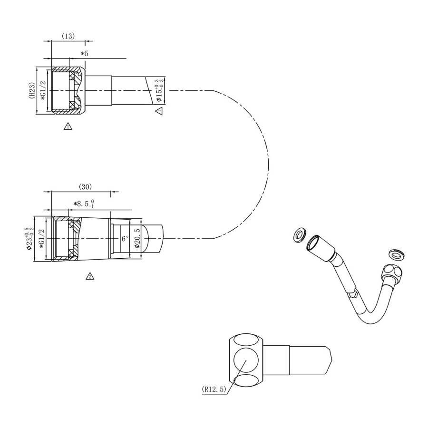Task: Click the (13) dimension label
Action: click(x=68, y=36)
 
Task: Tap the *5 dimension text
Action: click(x=85, y=54)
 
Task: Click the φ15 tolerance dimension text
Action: click(x=160, y=90)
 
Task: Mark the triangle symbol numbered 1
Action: click(x=68, y=126)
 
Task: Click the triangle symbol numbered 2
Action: click(x=89, y=276)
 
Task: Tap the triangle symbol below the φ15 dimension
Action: click(x=159, y=111)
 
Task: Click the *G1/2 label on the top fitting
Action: click(x=43, y=90)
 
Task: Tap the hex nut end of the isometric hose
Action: click(x=391, y=275)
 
